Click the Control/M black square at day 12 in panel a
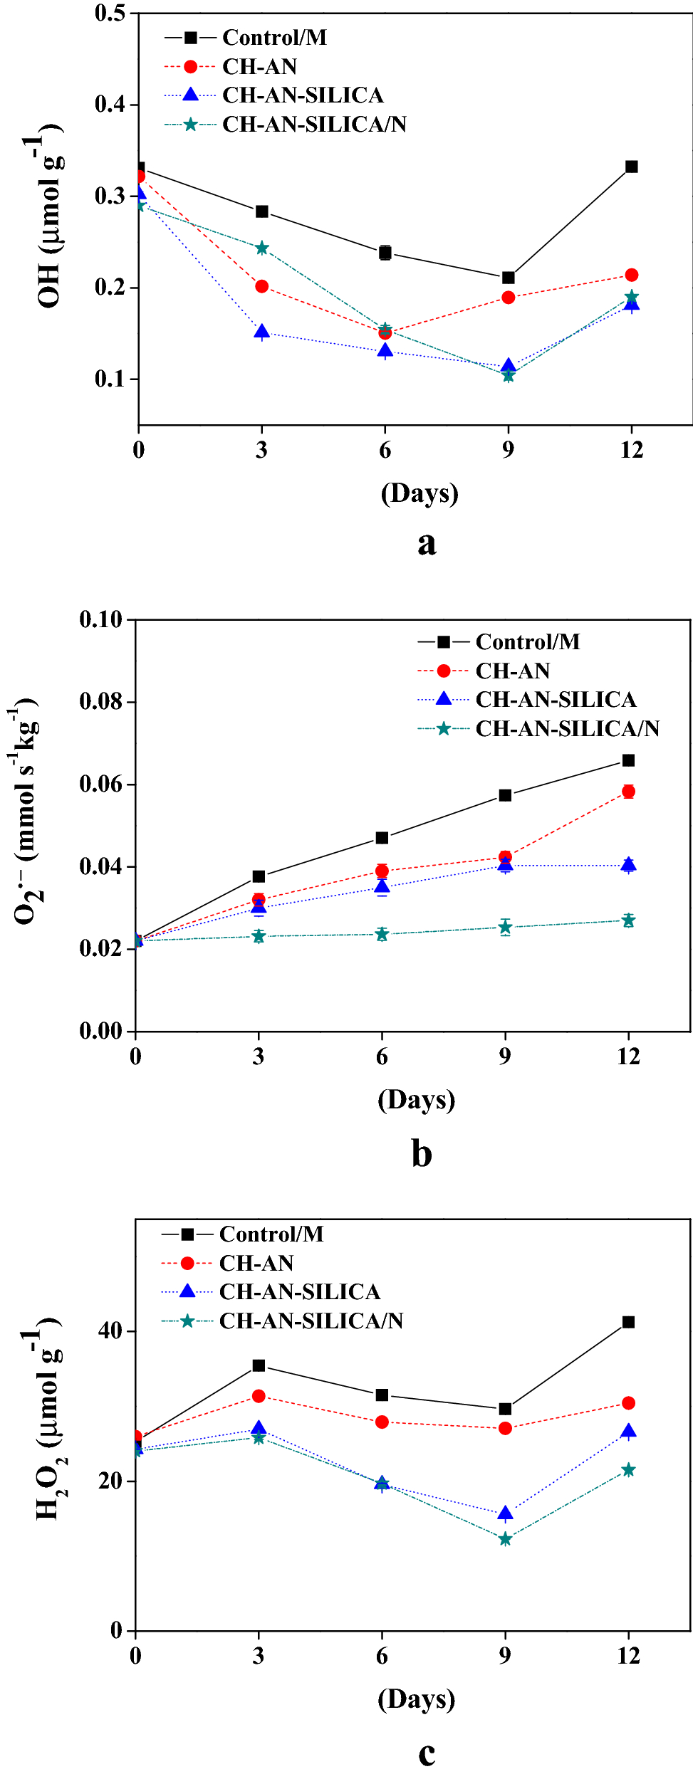(631, 167)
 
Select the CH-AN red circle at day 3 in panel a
(261, 286)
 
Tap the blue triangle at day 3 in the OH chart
(261, 332)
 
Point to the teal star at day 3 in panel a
(261, 248)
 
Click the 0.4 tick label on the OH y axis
(110, 104)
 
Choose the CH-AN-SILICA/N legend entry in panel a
(314, 124)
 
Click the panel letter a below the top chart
(426, 543)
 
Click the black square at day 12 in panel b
(628, 760)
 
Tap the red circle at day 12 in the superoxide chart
(628, 792)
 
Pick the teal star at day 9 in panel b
(505, 927)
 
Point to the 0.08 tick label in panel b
(101, 702)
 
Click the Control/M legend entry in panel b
(527, 641)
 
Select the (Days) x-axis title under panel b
(416, 1099)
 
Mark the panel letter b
(422, 1154)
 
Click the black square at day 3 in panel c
(259, 1365)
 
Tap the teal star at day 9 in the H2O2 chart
(505, 1539)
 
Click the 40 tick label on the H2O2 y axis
(110, 1331)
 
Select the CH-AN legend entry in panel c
(256, 1263)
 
